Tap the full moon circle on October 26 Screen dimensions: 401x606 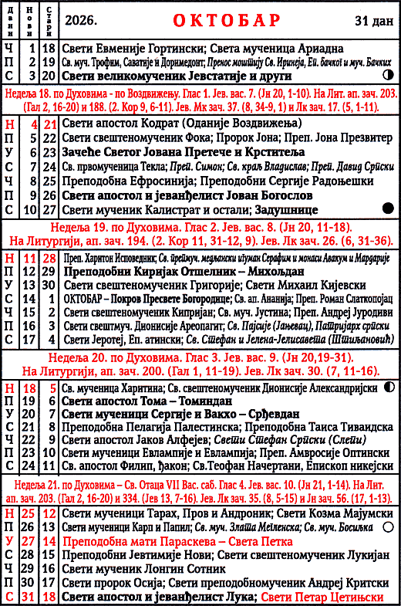point(387,526)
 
